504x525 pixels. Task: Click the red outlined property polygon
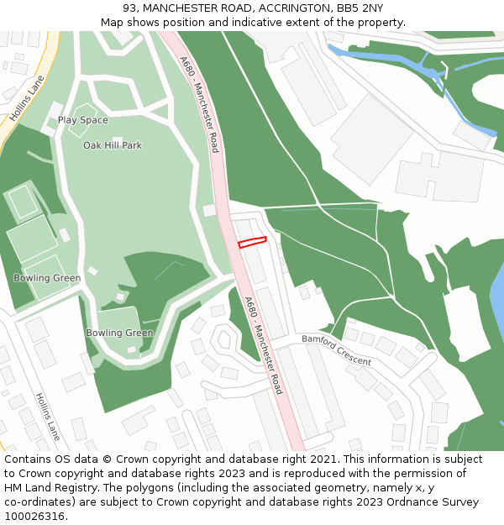[252, 243]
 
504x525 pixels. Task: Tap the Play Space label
[82, 120]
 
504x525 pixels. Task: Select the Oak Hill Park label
[113, 145]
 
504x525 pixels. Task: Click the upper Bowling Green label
[47, 278]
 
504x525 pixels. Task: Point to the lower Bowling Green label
[119, 333]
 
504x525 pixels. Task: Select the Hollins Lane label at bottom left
[48, 417]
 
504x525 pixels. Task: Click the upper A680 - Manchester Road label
[199, 104]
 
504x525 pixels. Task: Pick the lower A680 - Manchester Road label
[264, 345]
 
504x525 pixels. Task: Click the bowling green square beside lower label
[118, 324]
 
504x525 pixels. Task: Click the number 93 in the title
[130, 8]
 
